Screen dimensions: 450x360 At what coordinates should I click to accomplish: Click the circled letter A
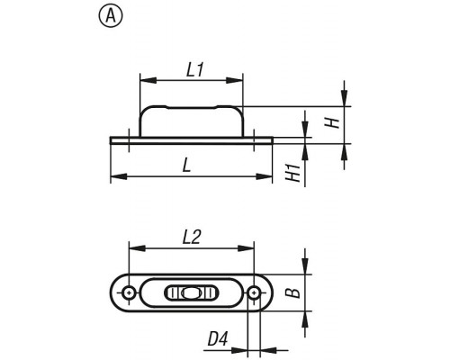click(111, 17)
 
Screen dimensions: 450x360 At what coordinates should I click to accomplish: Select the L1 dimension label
click(195, 70)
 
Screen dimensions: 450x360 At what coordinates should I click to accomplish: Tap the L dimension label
click(187, 165)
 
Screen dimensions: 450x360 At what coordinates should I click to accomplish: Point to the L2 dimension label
click(191, 237)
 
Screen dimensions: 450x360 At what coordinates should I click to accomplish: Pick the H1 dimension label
click(293, 173)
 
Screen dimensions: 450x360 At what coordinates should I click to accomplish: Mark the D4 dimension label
click(218, 338)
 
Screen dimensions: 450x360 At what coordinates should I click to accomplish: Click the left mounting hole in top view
click(129, 292)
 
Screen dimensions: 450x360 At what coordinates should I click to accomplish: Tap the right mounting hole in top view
click(254, 292)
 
